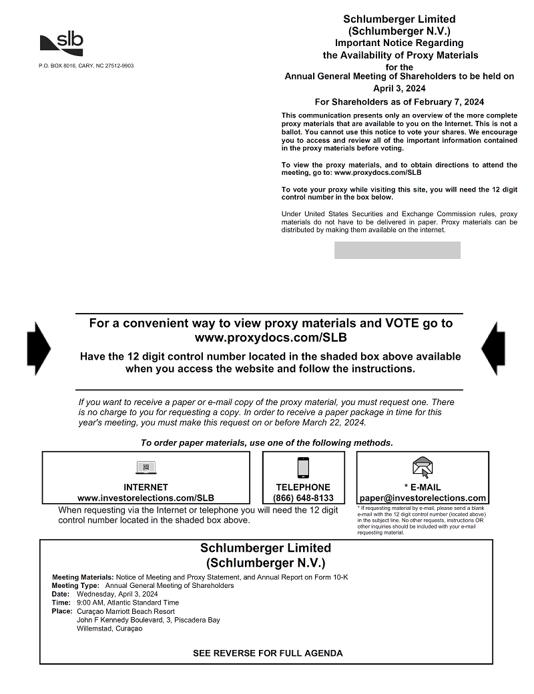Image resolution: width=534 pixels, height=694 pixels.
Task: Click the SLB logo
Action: (61, 44)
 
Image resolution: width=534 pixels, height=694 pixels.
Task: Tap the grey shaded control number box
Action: (397, 250)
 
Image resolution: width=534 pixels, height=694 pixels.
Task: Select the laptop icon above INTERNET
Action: (146, 468)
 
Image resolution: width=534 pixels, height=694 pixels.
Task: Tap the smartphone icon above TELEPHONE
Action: (303, 467)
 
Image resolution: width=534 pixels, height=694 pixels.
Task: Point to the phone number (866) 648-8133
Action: (303, 498)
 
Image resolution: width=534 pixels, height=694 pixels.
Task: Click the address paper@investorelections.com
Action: (423, 498)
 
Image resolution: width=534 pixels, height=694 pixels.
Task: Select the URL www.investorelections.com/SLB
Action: (146, 498)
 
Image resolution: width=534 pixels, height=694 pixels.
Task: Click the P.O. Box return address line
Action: (86, 66)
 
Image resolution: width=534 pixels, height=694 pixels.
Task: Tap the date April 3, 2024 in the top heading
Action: (399, 88)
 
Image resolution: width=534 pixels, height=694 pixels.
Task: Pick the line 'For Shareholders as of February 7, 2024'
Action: (399, 102)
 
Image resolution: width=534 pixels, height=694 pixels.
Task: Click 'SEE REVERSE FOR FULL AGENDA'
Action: (268, 653)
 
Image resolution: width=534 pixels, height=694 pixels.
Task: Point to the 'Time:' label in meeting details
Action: (61, 603)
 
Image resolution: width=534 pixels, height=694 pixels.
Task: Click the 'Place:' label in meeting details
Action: (61, 611)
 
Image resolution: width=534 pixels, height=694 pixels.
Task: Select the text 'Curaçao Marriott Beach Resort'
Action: (125, 611)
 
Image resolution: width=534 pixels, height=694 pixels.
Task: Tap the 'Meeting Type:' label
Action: (75, 585)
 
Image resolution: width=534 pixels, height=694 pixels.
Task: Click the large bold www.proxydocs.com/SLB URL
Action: (270, 338)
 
